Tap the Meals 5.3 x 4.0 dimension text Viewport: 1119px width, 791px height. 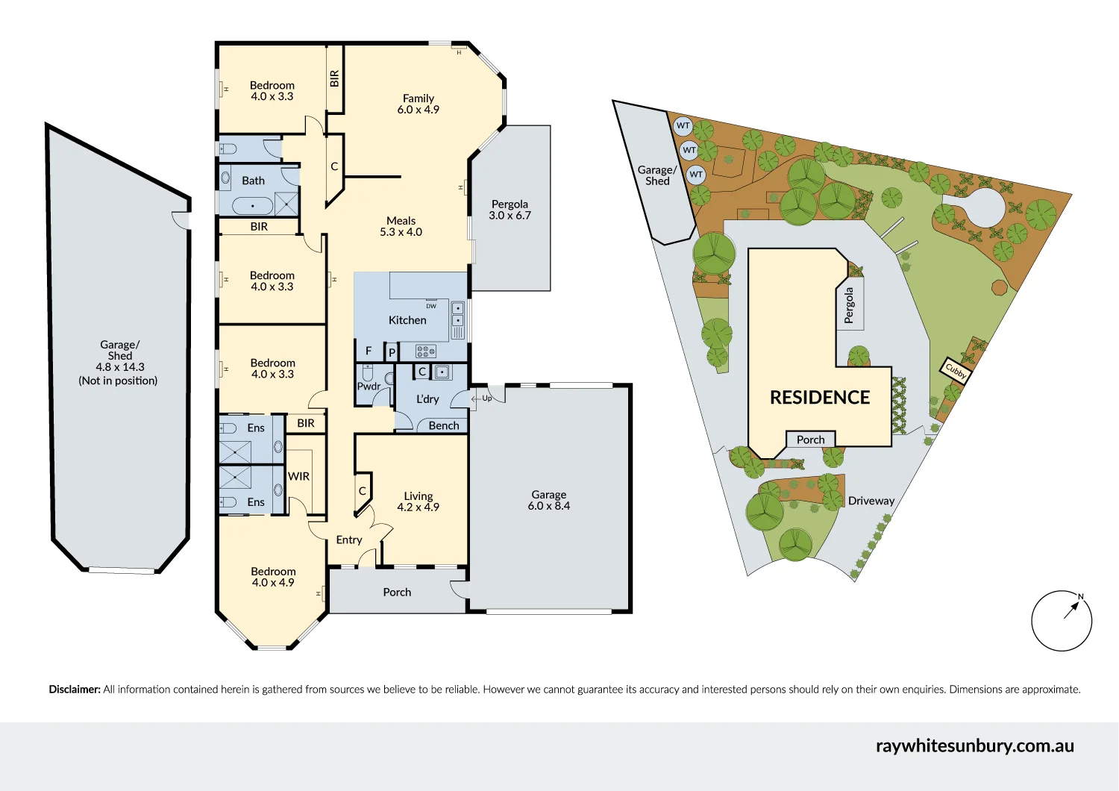coord(401,232)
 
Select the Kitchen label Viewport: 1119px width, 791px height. coord(407,320)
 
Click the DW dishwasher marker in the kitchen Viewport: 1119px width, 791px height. coord(431,306)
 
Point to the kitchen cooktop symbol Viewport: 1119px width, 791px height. coord(426,351)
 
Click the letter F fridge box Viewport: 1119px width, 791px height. coord(369,351)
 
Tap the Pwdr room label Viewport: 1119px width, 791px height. coord(369,386)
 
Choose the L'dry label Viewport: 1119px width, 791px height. coord(427,399)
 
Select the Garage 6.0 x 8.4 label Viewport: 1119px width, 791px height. coord(549,500)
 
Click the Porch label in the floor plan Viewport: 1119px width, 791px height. coord(397,592)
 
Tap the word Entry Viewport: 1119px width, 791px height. coord(349,540)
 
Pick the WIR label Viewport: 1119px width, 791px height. coord(298,476)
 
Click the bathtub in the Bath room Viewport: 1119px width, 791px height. coord(253,205)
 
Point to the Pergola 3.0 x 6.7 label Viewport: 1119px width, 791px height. coord(510,210)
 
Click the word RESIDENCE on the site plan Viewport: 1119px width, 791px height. coord(820,398)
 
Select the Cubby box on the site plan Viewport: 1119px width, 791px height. coord(956,370)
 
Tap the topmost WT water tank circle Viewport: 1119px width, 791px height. coord(683,125)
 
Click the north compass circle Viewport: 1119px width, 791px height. coord(1062,621)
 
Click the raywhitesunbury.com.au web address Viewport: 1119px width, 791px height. coord(974,745)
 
